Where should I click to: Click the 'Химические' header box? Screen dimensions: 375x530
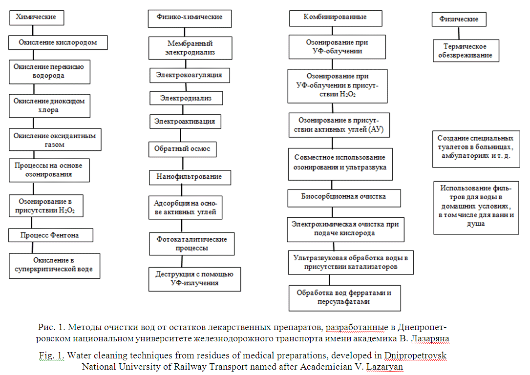[37, 17]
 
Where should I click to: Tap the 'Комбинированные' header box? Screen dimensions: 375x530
[335, 18]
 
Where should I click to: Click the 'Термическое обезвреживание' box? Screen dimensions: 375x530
[464, 51]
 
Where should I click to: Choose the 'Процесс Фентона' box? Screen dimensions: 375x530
[50, 235]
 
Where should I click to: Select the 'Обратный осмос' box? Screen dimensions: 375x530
[183, 149]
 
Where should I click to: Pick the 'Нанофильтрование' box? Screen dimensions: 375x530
[189, 177]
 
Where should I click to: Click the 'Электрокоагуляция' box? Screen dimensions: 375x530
[189, 75]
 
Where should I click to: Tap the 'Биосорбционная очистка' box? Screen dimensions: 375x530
[343, 197]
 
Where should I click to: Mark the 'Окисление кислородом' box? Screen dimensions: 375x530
[58, 42]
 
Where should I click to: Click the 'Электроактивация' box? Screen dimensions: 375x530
[185, 121]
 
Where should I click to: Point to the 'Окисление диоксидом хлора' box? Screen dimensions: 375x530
[49, 106]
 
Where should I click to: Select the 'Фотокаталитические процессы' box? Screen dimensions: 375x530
[191, 244]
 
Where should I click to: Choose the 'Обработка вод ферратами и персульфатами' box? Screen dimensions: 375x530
[344, 297]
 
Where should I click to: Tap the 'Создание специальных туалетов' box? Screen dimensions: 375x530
[475, 148]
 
